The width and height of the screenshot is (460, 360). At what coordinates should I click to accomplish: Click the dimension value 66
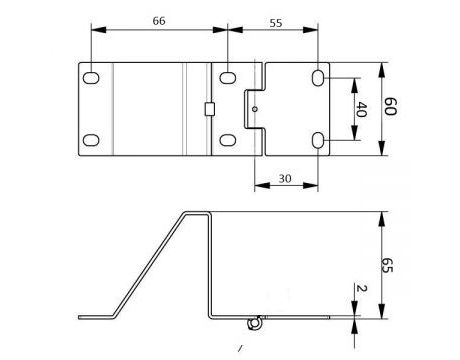coord(159,20)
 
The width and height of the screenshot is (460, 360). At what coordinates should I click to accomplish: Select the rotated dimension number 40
coord(362,109)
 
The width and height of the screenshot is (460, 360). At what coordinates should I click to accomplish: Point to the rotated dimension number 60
coord(391,108)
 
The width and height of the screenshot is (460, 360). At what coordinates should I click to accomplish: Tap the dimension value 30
coord(285,177)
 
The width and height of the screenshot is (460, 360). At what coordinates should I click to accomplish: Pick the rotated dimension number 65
coord(389,265)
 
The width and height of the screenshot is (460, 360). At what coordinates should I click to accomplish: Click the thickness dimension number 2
coord(361,290)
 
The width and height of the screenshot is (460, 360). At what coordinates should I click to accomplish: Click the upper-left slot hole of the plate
coord(91,77)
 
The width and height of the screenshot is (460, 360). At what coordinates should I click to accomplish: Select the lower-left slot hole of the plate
coord(91,141)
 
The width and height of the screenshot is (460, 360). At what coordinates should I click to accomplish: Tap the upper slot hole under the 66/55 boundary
coord(229,76)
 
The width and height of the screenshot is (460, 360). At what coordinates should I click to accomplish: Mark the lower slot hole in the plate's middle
coord(229,140)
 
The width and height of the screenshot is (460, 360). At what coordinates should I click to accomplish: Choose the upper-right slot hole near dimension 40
coord(318,77)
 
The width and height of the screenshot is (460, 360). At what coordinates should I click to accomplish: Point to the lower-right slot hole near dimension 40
coord(318,141)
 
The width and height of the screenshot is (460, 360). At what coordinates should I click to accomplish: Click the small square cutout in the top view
coord(209,108)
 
